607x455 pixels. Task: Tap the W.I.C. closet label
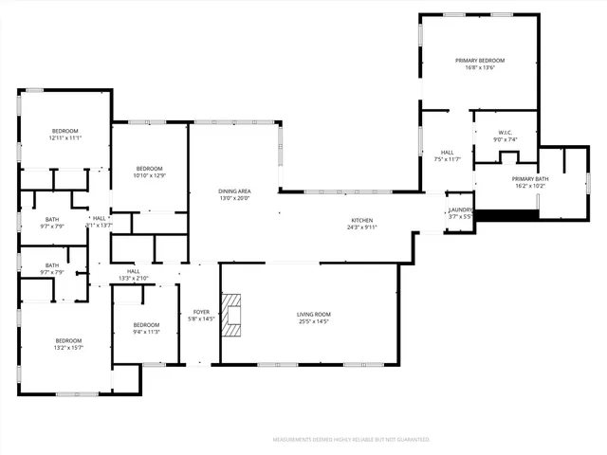[506, 132]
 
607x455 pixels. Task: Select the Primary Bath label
[530, 179]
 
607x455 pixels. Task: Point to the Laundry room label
[461, 209]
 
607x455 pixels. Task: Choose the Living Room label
[313, 313]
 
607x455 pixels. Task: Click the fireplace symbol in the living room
[232, 314]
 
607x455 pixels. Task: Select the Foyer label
[201, 311]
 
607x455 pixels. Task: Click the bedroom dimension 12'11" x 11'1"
[65, 138]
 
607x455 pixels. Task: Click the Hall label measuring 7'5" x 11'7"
[447, 159]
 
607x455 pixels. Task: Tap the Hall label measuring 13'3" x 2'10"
[134, 279]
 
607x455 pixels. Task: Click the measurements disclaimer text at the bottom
[352, 440]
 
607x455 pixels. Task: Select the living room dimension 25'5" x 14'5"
[313, 320]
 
